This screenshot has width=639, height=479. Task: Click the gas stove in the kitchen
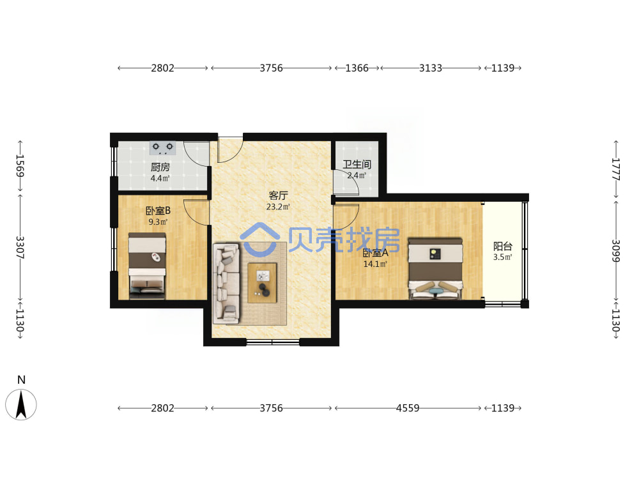(162, 148)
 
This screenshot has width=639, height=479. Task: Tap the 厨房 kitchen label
(160, 167)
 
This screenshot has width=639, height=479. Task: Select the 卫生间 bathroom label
(357, 165)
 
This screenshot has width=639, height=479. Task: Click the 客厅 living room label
(278, 195)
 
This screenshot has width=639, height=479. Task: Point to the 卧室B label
(158, 211)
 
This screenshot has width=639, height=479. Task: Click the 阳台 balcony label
(502, 246)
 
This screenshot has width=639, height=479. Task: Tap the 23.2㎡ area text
(278, 207)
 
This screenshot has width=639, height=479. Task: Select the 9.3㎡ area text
(158, 222)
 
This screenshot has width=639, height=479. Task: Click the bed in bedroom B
(147, 266)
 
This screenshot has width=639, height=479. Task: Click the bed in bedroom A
(436, 269)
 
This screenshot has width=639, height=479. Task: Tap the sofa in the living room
(226, 282)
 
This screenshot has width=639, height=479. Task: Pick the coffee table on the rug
(263, 283)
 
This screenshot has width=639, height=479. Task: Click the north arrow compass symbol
(21, 404)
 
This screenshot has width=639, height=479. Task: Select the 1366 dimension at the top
(357, 68)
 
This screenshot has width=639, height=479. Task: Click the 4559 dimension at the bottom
(408, 408)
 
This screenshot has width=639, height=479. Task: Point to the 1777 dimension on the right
(616, 169)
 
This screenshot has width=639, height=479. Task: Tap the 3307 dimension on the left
(20, 247)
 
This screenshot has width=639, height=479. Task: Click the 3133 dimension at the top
(431, 68)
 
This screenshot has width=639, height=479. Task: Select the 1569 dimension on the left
(20, 166)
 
